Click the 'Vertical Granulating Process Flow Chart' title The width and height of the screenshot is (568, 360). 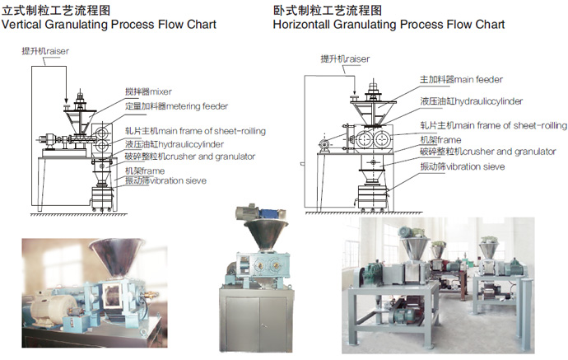coord(109,25)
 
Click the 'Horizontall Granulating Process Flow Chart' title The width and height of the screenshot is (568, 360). coord(389,25)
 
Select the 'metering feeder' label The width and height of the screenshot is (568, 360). coord(175,105)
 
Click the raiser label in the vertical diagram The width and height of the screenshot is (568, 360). coord(48,51)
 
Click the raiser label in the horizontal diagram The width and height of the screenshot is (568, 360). coord(344,58)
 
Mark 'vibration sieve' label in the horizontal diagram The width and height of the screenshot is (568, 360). coord(461,166)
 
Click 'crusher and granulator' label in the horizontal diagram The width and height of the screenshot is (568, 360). coord(473,152)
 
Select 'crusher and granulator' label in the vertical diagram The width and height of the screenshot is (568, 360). coord(189,156)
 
